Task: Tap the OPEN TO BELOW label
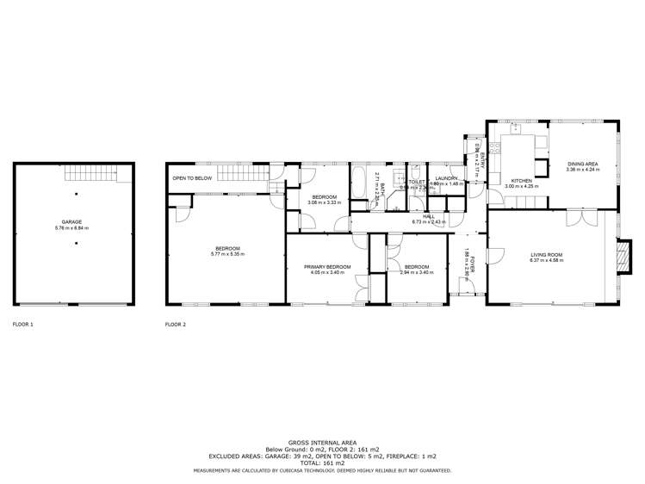pos(192,178)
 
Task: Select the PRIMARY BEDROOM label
pos(327,268)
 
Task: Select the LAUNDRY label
pos(445,177)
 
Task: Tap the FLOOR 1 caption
pos(23,325)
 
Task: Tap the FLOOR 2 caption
pos(175,325)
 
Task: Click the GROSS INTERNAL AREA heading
pos(322,439)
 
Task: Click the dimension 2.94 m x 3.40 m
pos(416,273)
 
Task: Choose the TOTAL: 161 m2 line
pos(322,462)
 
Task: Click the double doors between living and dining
pos(575,215)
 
